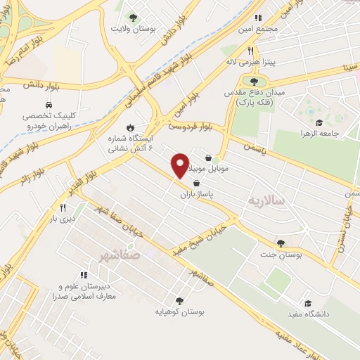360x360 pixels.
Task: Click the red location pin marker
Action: pos(180,164)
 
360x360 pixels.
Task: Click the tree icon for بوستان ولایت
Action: pos(131,17)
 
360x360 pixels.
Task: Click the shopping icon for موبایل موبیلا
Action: pos(210,158)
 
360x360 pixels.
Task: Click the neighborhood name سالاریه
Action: pos(264,200)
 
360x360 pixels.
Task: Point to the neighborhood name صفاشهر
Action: pos(120,255)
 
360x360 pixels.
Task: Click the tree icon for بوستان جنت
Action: pos(281,243)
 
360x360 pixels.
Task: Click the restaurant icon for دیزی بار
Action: pos(63,207)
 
